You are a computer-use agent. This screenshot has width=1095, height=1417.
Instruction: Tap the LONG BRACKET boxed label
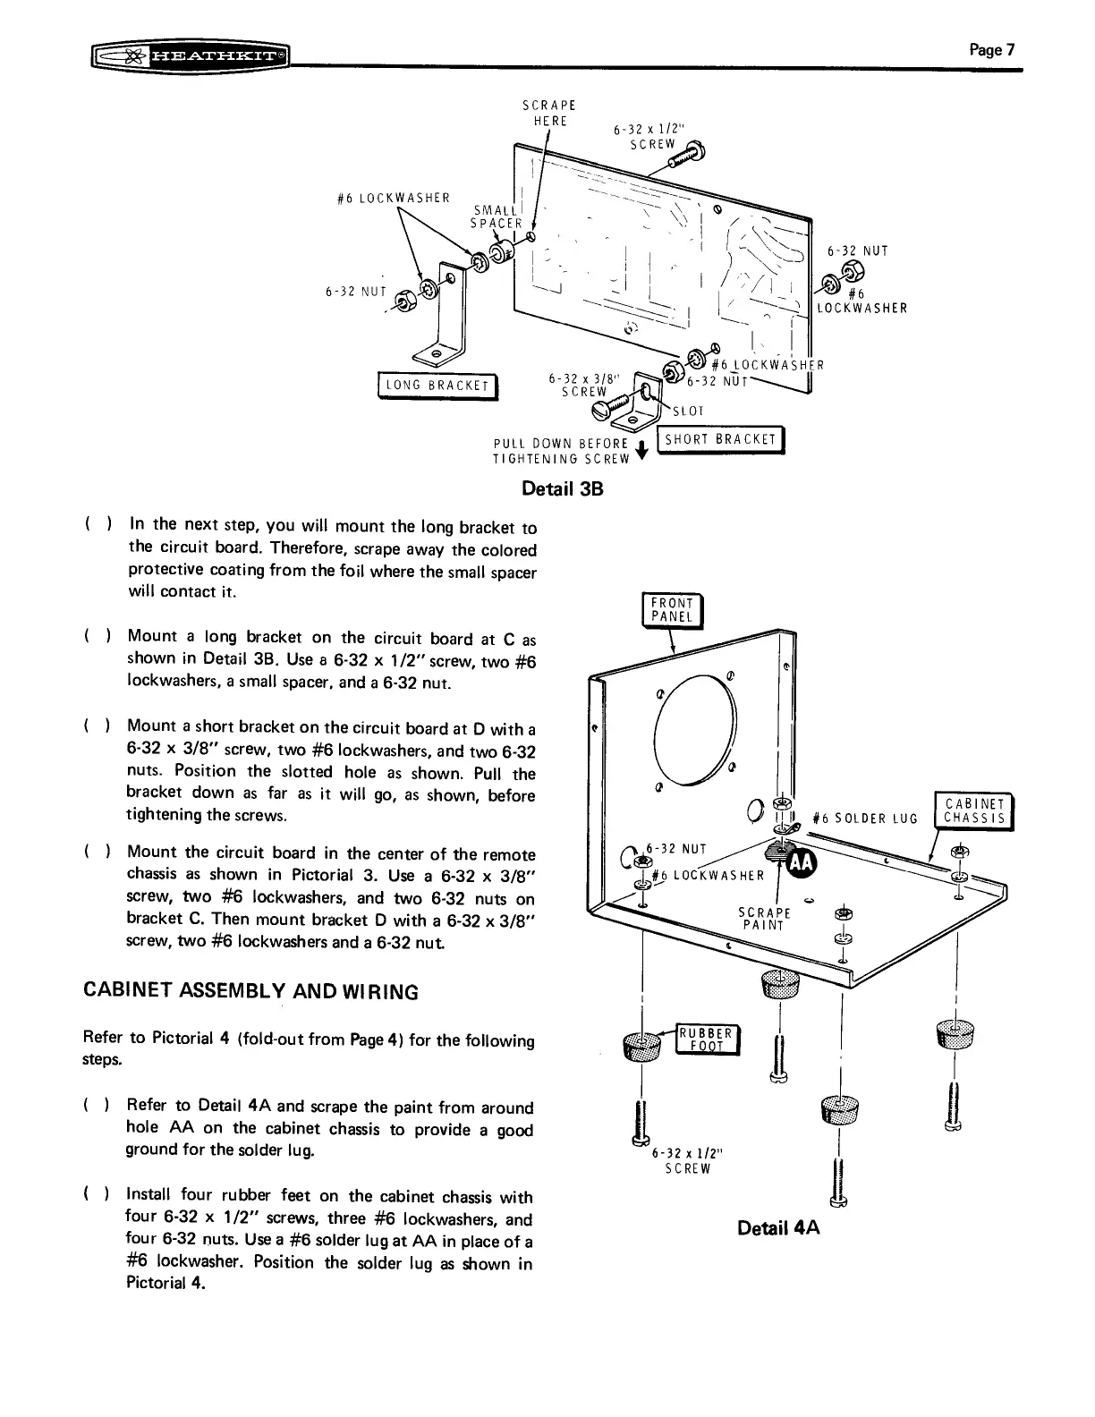click(437, 386)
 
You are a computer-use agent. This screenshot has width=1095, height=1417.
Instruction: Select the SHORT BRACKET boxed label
click(720, 439)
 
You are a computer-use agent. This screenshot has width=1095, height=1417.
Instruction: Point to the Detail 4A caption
click(778, 1227)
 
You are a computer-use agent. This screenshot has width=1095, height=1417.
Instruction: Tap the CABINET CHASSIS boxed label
click(971, 810)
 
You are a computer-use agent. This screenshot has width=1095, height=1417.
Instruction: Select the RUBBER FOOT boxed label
click(707, 1039)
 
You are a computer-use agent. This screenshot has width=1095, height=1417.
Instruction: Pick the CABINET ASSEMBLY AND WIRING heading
click(250, 992)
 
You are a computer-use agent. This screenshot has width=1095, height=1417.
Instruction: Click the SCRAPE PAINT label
click(764, 919)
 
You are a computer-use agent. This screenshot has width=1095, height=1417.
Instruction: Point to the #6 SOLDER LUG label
click(865, 819)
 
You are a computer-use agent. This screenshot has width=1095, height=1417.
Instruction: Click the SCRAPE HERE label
click(549, 113)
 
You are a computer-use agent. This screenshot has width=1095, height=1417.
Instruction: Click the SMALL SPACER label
click(497, 216)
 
